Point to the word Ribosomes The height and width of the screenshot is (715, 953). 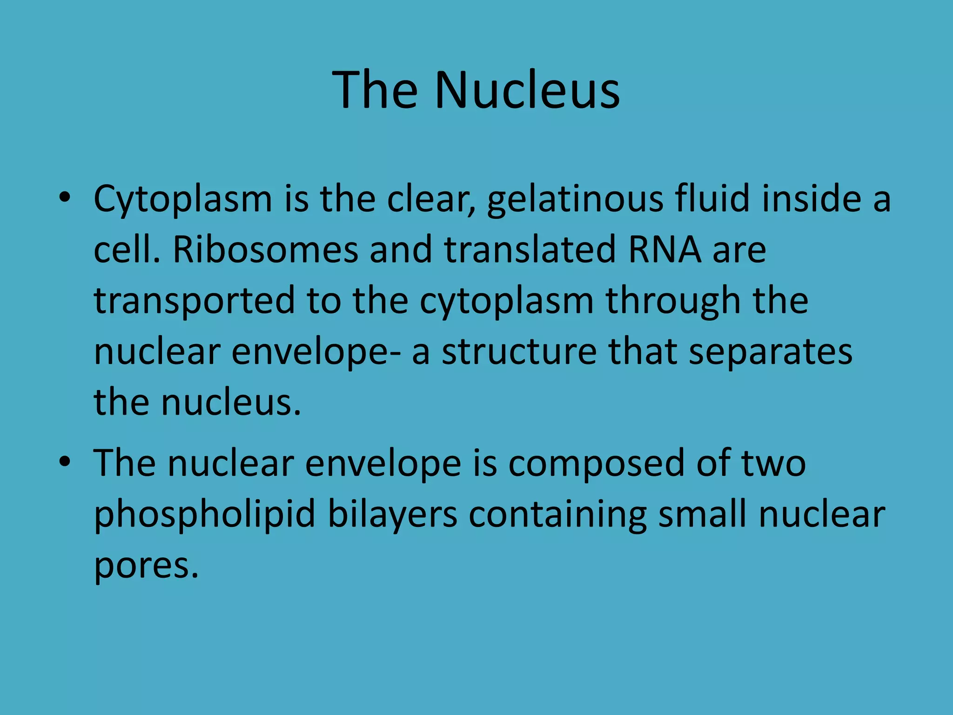[x=265, y=250]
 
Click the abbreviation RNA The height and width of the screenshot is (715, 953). [x=664, y=250]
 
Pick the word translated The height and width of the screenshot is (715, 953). [x=530, y=250]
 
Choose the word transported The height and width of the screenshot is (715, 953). [x=195, y=302]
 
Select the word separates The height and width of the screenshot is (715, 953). [x=770, y=353]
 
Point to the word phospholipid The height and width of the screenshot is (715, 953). [x=205, y=515]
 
